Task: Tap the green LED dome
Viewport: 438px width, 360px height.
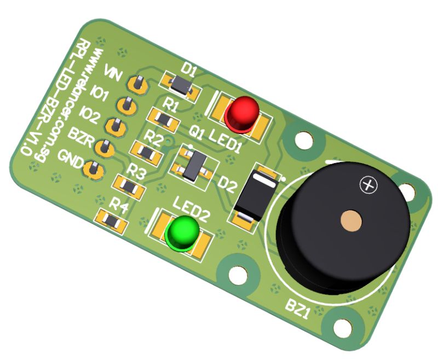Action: pos(181,232)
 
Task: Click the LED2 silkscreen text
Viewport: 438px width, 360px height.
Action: pos(192,207)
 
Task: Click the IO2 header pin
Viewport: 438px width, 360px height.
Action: pos(114,126)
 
